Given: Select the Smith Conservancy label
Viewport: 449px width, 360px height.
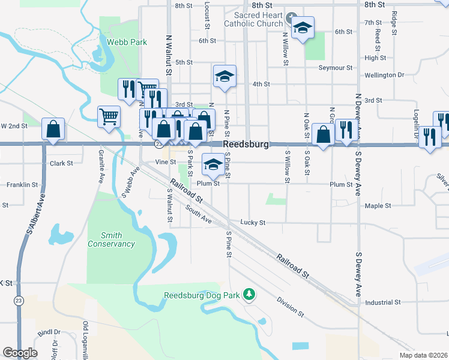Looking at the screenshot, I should [111, 239].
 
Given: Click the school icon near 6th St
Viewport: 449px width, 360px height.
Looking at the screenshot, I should [303, 28].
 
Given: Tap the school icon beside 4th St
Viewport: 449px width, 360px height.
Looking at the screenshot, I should [225, 76].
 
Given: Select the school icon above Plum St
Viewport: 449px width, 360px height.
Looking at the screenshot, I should [212, 164].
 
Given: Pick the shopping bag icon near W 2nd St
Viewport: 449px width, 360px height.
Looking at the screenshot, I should [53, 128].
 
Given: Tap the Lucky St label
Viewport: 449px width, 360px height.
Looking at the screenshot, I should [253, 223].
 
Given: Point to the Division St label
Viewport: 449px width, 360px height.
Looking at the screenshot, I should [291, 306].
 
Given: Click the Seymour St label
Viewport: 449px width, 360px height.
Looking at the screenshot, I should [334, 67].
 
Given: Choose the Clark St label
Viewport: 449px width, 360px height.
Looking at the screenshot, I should [61, 163].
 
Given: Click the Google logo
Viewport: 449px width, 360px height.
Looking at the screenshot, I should [20, 352].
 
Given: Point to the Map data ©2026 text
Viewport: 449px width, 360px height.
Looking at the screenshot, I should [423, 355].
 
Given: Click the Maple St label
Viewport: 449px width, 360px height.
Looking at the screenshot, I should [378, 206].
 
